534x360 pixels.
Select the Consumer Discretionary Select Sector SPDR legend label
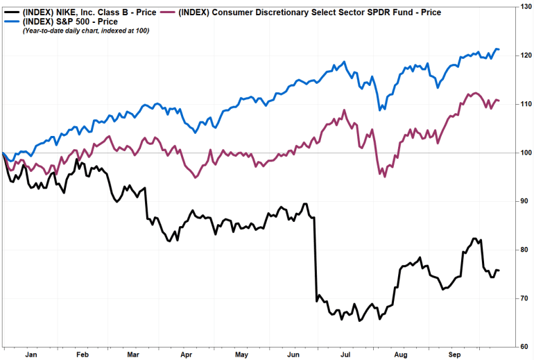311,12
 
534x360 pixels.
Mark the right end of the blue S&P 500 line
499,49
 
